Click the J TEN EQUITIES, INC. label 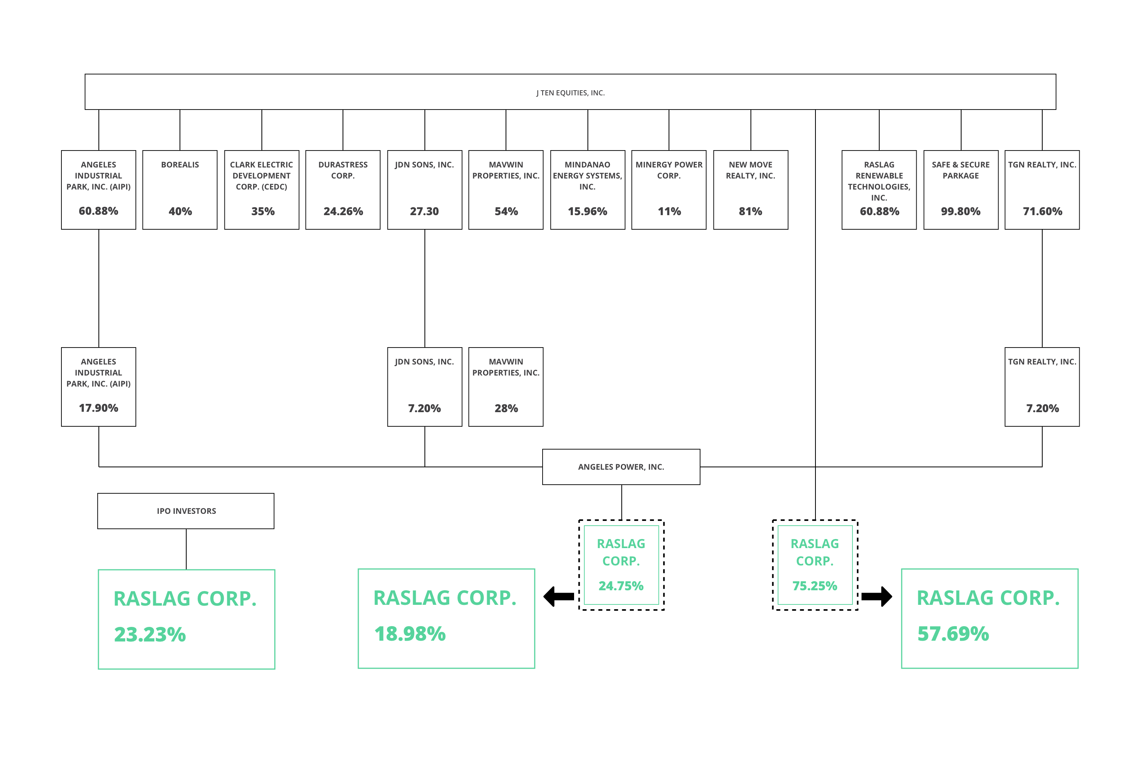[571, 93]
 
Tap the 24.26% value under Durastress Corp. [343, 211]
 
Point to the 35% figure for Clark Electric [263, 211]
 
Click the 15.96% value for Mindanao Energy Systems [587, 211]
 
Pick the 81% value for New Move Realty [750, 211]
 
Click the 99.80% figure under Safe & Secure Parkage [961, 211]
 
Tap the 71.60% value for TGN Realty [1042, 211]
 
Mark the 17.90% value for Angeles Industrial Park [98, 408]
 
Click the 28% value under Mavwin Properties [506, 408]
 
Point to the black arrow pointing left [559, 596]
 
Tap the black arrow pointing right [877, 596]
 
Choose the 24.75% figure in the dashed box [621, 586]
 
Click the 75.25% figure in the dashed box [815, 586]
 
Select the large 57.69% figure [953, 634]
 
